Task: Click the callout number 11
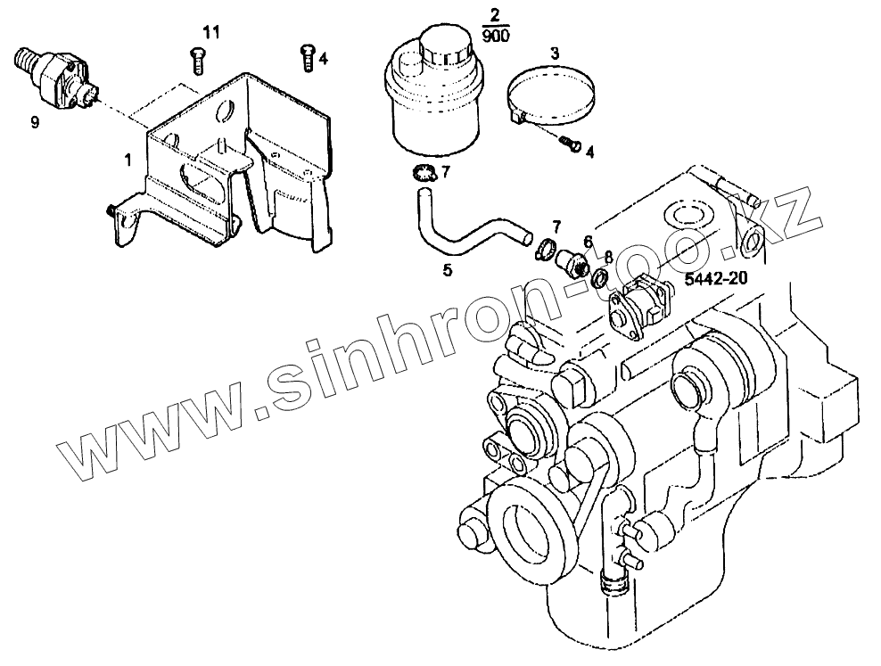210,33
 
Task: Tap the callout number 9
35,123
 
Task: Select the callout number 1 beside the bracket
128,160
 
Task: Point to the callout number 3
554,53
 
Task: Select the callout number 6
588,241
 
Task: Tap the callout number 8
608,256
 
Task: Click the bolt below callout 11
197,61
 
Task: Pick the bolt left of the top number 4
306,56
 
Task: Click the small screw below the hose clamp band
570,143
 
